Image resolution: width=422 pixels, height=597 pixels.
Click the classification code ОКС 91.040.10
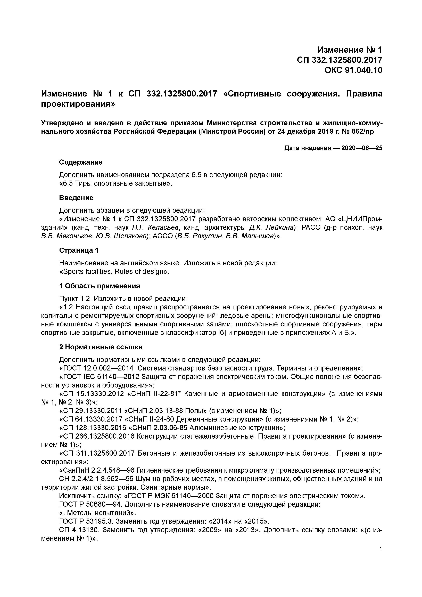(x=353, y=70)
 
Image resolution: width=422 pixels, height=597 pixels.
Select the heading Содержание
(x=81, y=162)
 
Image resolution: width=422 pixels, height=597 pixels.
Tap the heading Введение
(x=76, y=198)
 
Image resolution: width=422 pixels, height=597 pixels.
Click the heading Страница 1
(x=79, y=250)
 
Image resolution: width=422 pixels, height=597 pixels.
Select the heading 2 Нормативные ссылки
(x=101, y=347)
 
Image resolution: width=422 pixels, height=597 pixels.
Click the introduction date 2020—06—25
(x=362, y=148)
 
